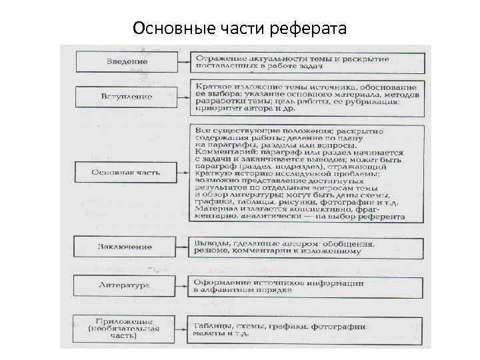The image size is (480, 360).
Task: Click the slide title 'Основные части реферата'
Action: coord(239,29)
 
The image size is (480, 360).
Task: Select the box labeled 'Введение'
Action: coord(127,62)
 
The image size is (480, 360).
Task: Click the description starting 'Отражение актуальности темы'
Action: coord(306,62)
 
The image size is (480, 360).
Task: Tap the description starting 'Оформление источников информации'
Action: coord(306,287)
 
